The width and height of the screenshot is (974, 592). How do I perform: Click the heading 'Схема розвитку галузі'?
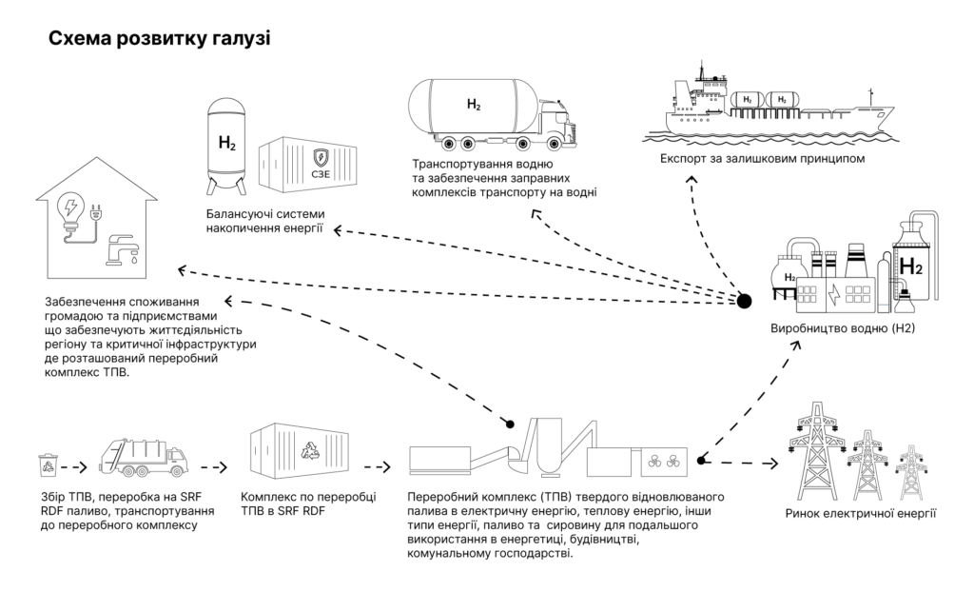160,39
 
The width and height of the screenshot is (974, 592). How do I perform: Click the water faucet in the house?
121,250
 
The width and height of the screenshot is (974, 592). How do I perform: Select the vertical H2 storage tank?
226,146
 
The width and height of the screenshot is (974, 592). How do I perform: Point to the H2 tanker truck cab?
557,126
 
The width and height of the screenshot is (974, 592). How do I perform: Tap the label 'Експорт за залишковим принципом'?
762,158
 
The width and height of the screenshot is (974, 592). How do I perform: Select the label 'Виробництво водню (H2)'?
843,327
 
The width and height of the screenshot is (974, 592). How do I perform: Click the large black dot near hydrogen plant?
744,302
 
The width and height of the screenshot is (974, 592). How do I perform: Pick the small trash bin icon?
48,465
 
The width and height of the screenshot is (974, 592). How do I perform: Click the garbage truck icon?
143,458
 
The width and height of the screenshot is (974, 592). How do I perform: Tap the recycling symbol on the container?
310,451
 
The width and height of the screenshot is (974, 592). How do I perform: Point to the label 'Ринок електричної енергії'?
860,514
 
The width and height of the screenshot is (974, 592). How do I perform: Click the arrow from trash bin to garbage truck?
74,467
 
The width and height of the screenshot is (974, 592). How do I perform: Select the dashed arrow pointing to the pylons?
739,463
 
